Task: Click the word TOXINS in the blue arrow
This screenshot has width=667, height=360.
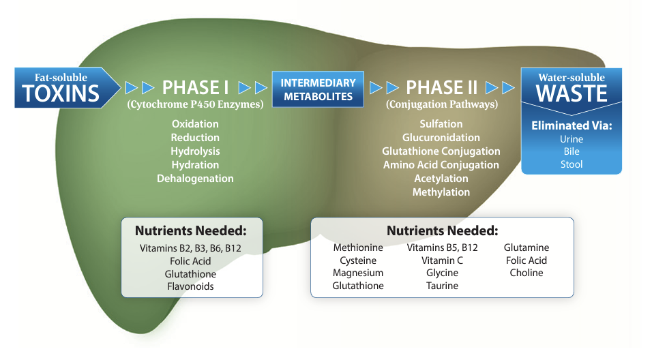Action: tap(61, 93)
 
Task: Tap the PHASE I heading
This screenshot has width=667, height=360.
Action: tap(195, 88)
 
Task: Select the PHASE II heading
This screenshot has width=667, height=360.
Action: tap(441, 88)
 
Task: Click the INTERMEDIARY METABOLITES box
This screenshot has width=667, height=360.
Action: tap(318, 89)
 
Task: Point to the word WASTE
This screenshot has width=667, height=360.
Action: tap(572, 93)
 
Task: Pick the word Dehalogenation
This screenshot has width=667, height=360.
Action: tap(195, 179)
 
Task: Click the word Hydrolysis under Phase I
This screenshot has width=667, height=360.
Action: tap(195, 151)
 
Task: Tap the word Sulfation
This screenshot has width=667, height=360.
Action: tap(441, 123)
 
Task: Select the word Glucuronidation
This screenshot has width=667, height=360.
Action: tap(441, 137)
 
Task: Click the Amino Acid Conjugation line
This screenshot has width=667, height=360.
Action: tap(441, 165)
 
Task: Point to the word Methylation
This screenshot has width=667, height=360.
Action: tap(441, 192)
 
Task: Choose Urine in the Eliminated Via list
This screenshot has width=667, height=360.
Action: tap(572, 139)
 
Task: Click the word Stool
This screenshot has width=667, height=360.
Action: tap(572, 164)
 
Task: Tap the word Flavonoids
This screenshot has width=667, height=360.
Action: tap(190, 286)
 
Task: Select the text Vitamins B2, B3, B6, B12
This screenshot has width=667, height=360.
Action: tap(190, 248)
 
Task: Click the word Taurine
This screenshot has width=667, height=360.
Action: tap(442, 286)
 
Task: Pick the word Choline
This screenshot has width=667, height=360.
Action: tap(527, 273)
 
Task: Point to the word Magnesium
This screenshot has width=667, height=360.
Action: tap(358, 273)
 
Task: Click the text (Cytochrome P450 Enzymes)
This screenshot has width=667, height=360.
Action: tap(195, 104)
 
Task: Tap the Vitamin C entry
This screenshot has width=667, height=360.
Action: tap(442, 260)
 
